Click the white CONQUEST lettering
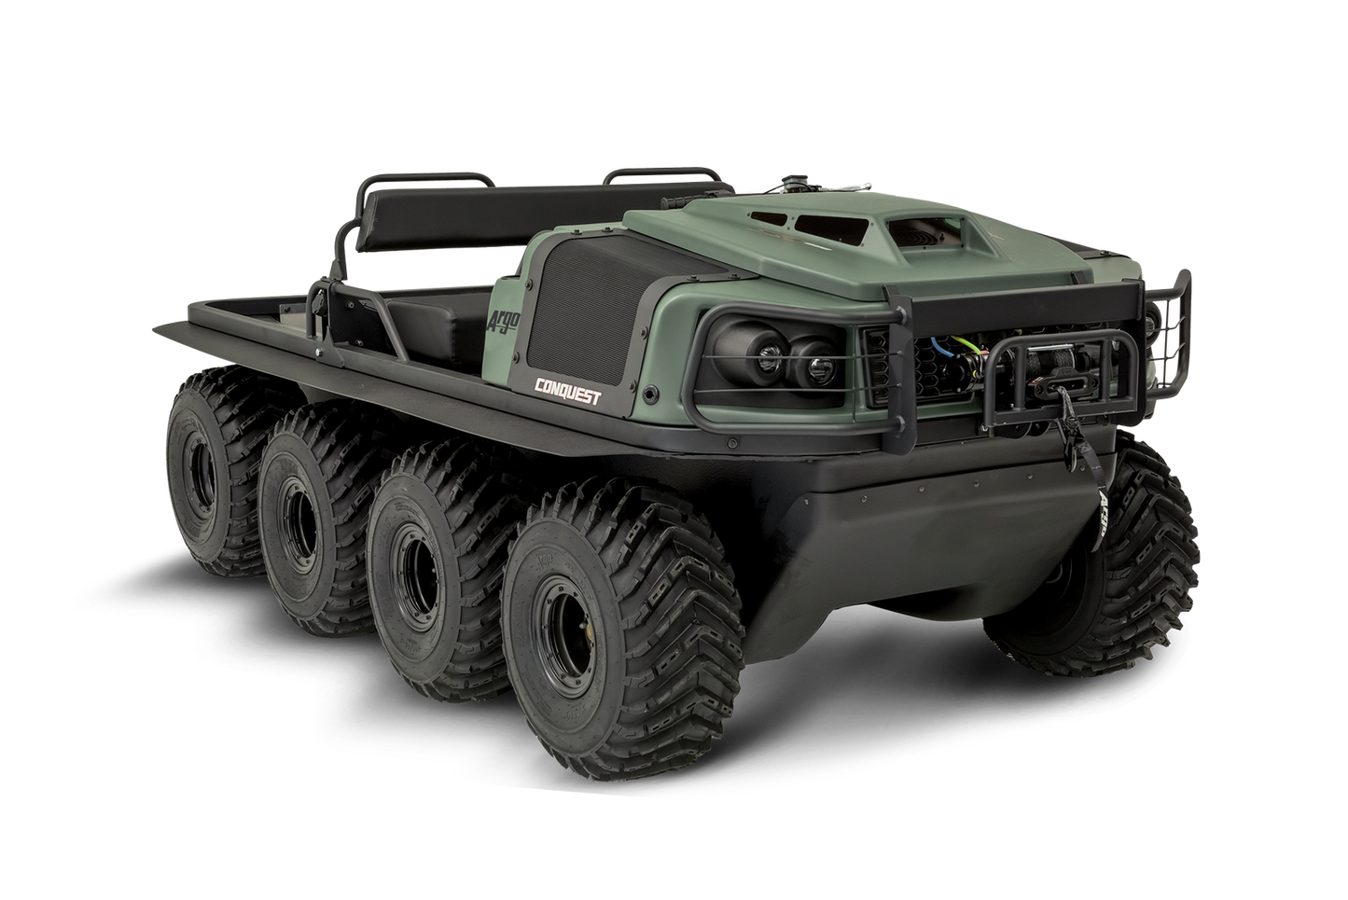[x=566, y=391]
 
